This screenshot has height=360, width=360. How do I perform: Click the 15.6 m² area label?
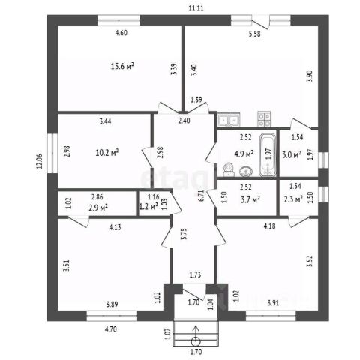click(122, 66)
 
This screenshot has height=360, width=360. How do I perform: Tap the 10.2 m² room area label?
click(107, 152)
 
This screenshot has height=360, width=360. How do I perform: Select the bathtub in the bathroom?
click(268, 155)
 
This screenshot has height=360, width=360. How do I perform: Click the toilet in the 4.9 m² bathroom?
click(229, 170)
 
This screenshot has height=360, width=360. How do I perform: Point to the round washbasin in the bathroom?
click(246, 172)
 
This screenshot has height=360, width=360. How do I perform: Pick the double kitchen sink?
click(229, 119)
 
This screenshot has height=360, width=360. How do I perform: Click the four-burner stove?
click(264, 119)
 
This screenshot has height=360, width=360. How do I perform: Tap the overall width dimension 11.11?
click(196, 8)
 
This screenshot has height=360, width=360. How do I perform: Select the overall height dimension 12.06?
click(40, 161)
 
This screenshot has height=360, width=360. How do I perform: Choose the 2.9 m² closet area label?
click(98, 208)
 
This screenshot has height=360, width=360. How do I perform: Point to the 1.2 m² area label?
click(148, 206)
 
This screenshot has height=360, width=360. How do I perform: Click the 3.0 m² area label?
click(291, 154)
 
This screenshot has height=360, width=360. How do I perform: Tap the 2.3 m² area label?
click(293, 199)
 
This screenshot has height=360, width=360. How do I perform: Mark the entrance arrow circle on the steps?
click(196, 341)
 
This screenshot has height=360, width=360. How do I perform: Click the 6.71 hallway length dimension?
click(202, 196)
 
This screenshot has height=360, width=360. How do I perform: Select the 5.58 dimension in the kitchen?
click(254, 34)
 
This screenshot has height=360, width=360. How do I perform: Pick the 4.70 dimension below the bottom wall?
click(111, 329)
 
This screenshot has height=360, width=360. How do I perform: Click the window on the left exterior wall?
click(52, 154)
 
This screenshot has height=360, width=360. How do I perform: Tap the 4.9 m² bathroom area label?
click(244, 154)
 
